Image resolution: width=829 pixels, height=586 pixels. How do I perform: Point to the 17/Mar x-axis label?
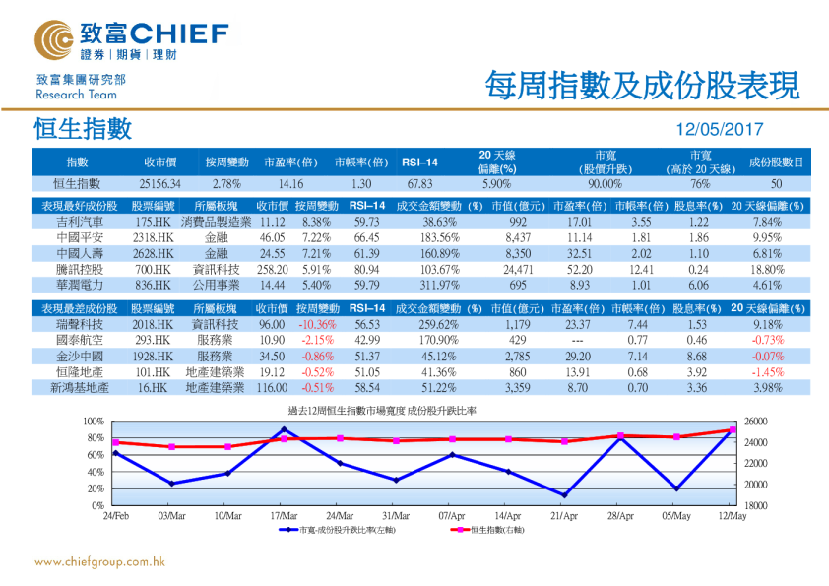coord(284,515)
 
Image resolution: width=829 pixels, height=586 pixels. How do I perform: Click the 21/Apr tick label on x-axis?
coord(563,515)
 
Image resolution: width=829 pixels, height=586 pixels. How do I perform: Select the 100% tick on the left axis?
coord(95,422)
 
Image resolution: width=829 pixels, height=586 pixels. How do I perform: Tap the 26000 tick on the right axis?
coord(750,422)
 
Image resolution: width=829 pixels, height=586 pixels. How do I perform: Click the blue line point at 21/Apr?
coord(564,495)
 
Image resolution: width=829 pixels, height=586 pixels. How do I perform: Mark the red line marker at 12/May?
coord(732,430)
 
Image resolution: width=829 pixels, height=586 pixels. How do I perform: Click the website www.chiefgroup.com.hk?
coord(98,562)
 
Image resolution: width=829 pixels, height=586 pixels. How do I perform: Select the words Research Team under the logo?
coord(76,96)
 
